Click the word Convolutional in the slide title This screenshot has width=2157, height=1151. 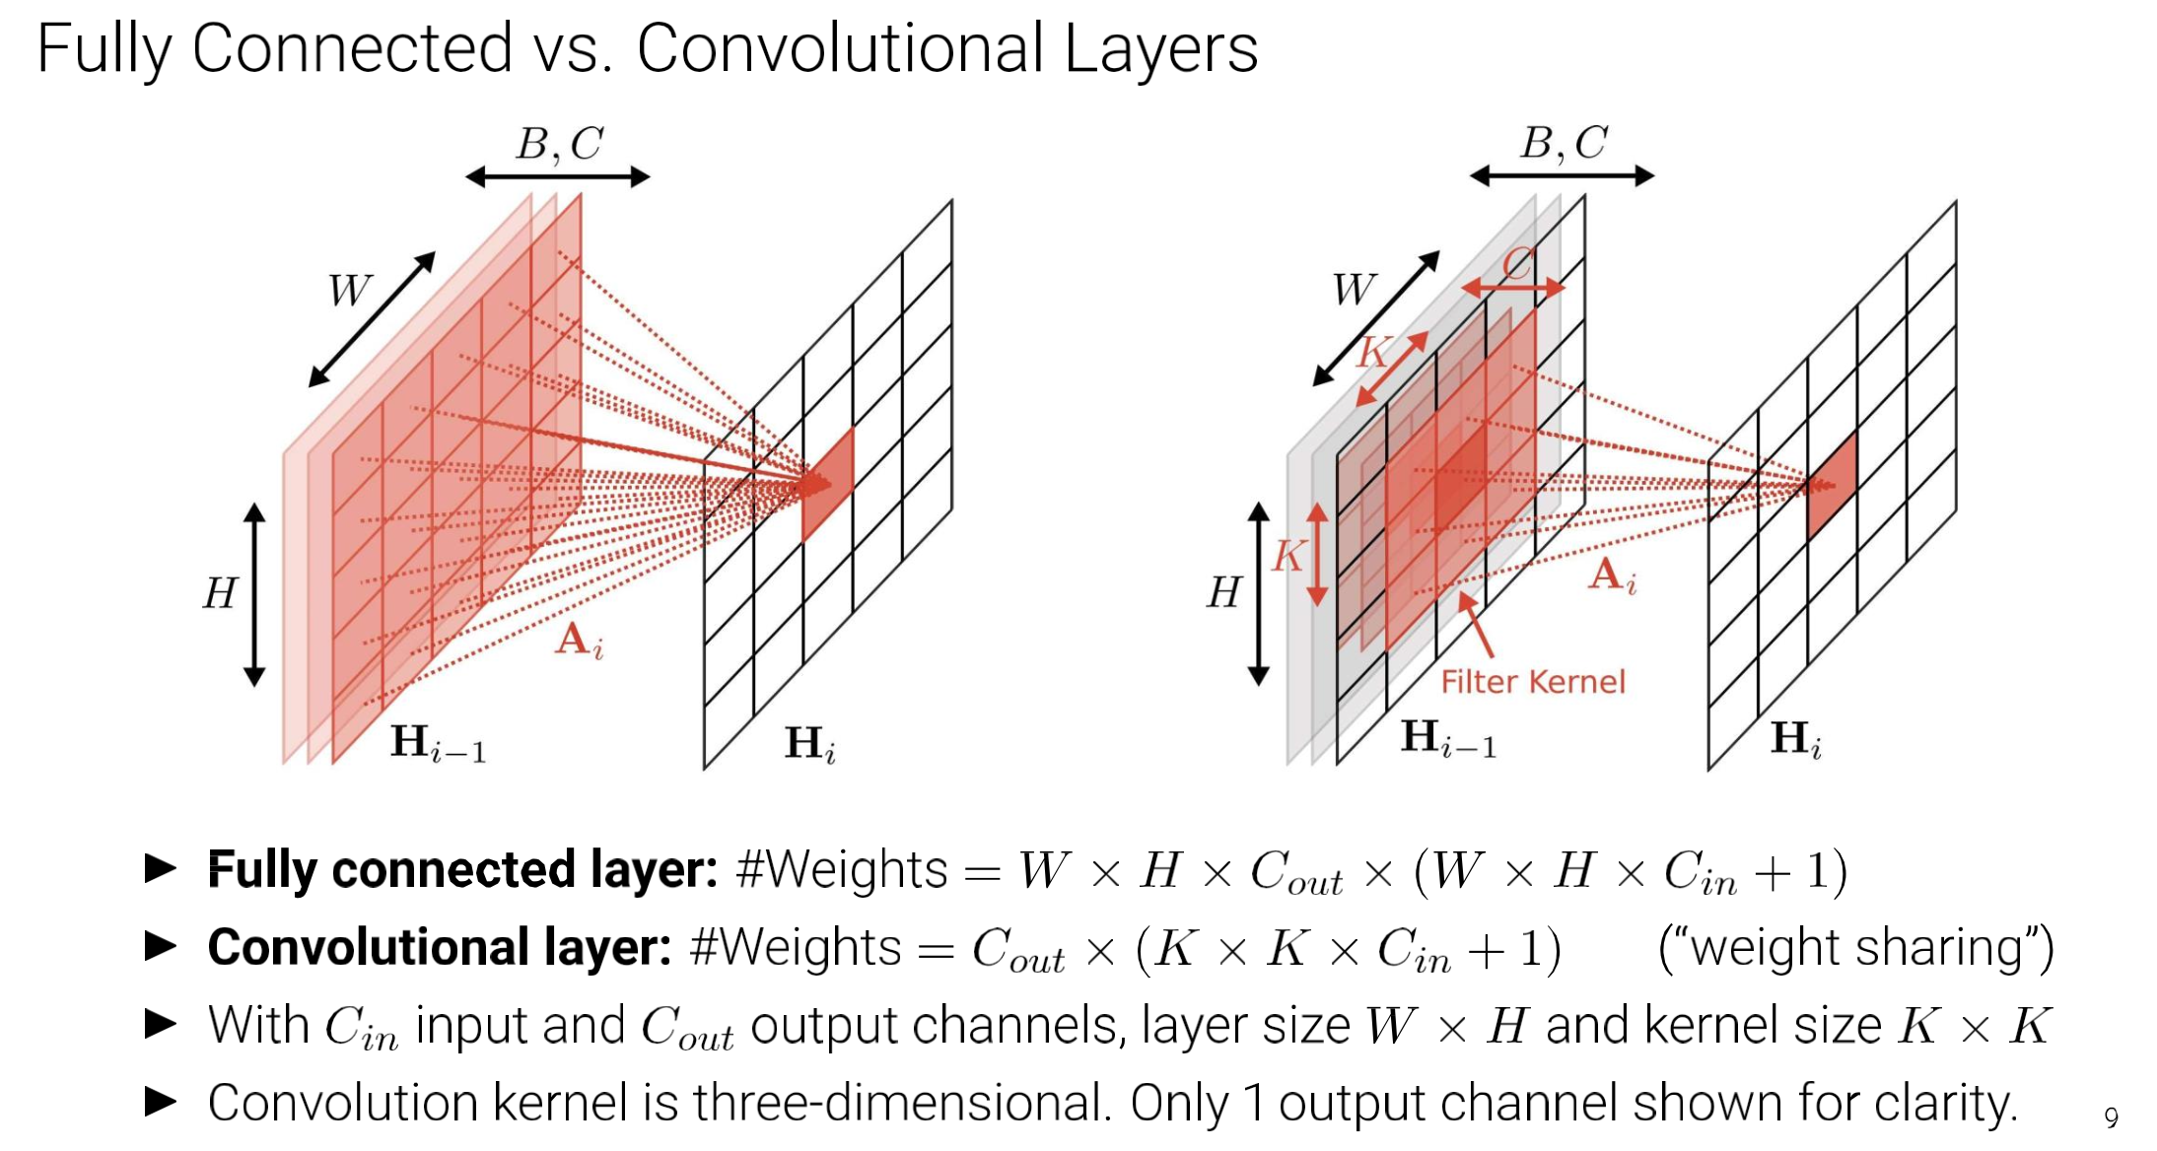(x=839, y=48)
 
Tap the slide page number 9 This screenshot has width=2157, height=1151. (x=2111, y=1117)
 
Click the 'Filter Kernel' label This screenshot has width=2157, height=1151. (x=1532, y=682)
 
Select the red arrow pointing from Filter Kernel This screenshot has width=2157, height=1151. (x=1476, y=625)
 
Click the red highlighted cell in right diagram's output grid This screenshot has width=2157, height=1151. (x=1833, y=484)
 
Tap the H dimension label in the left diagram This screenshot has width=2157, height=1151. (x=220, y=593)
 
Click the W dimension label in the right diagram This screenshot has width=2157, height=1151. (x=1354, y=290)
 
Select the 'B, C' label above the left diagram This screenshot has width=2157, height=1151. (x=559, y=144)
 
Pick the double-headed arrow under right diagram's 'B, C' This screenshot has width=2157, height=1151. (x=1562, y=176)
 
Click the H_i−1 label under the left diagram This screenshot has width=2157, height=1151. (x=438, y=742)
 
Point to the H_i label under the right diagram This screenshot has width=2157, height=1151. (x=1795, y=739)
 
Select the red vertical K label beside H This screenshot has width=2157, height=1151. (x=1287, y=557)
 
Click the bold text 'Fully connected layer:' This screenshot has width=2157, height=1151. (x=461, y=870)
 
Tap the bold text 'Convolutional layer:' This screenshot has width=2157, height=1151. (x=439, y=948)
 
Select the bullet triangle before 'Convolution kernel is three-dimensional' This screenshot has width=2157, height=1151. (x=160, y=1102)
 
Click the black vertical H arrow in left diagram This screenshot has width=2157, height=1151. (x=254, y=594)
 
